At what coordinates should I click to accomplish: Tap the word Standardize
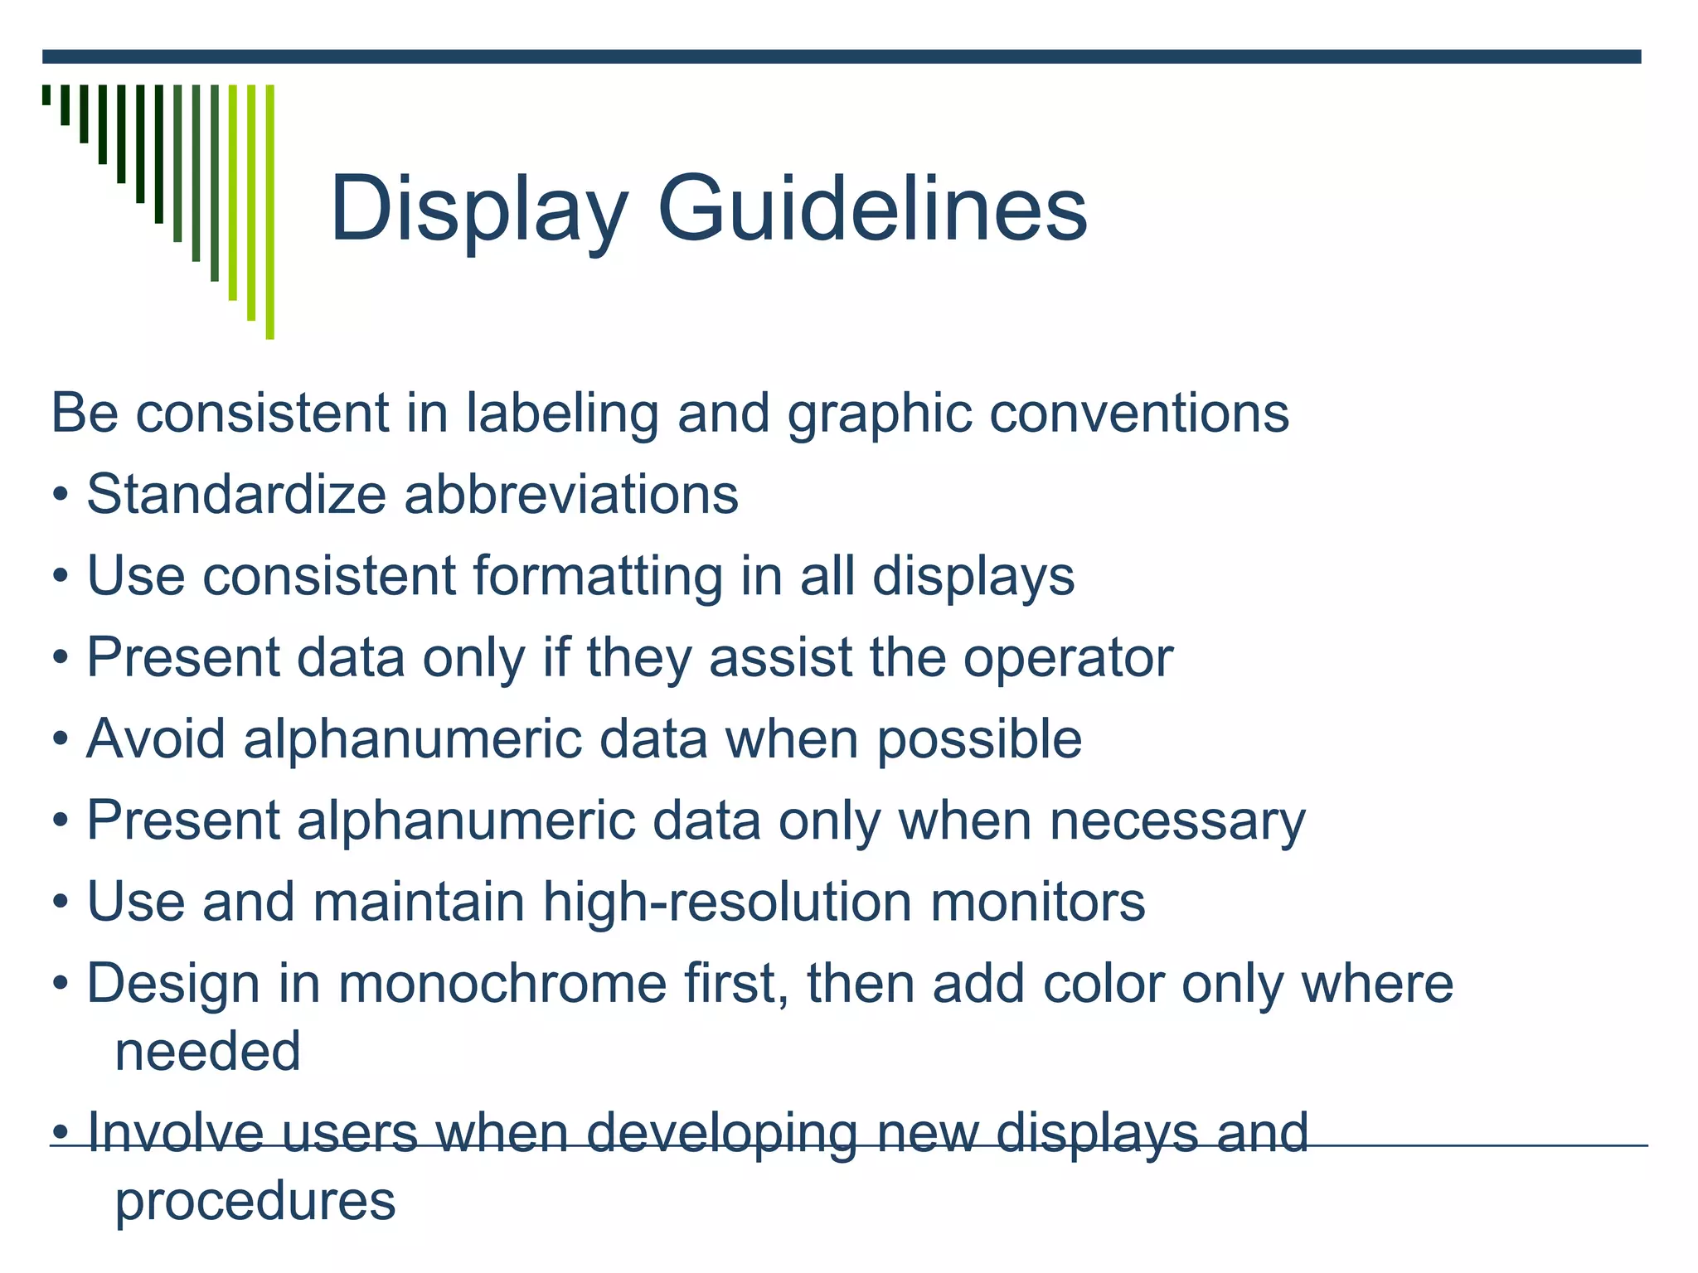coord(236,495)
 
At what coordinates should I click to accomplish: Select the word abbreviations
coord(571,495)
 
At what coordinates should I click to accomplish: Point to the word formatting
coord(598,576)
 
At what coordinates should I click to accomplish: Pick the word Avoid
coord(156,738)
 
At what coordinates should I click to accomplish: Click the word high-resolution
coord(728,902)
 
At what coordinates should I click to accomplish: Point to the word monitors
coord(1038,902)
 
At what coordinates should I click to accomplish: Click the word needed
coord(208,1052)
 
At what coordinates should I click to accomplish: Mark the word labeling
coord(562,414)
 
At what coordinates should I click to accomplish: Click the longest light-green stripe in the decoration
coord(270,211)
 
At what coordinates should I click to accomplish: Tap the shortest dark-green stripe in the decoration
coord(46,94)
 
